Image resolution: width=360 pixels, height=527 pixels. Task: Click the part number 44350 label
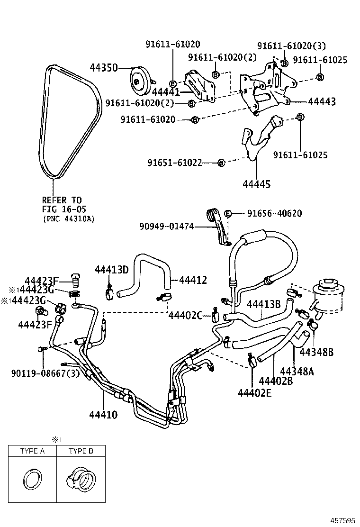[x=103, y=68]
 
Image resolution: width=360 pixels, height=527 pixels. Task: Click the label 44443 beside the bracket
[x=322, y=101]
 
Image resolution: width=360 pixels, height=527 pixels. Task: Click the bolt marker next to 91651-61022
[x=221, y=163]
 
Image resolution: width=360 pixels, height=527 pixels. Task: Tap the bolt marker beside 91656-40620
[x=227, y=214]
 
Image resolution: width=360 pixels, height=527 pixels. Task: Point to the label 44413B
[x=264, y=304]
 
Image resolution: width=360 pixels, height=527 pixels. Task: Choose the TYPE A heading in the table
[x=32, y=451]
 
